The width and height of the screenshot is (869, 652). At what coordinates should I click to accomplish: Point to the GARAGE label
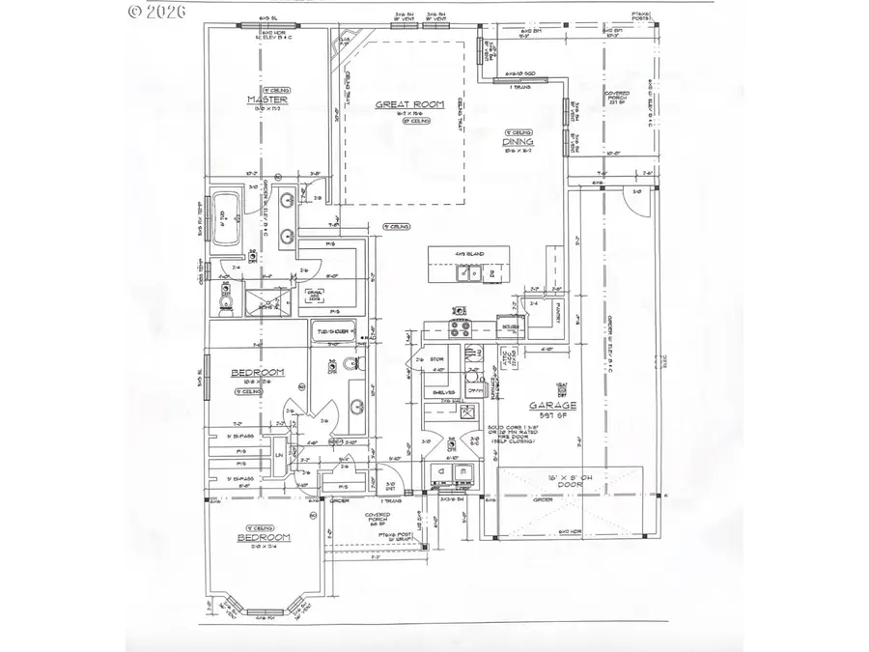click(x=552, y=406)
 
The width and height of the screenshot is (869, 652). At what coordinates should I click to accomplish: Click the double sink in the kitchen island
click(x=469, y=274)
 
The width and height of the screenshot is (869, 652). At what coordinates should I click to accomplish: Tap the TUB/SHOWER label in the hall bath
click(x=333, y=331)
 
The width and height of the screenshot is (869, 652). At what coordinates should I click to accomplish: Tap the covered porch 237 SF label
click(x=618, y=101)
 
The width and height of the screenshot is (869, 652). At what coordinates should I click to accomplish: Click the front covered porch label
click(x=377, y=520)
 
